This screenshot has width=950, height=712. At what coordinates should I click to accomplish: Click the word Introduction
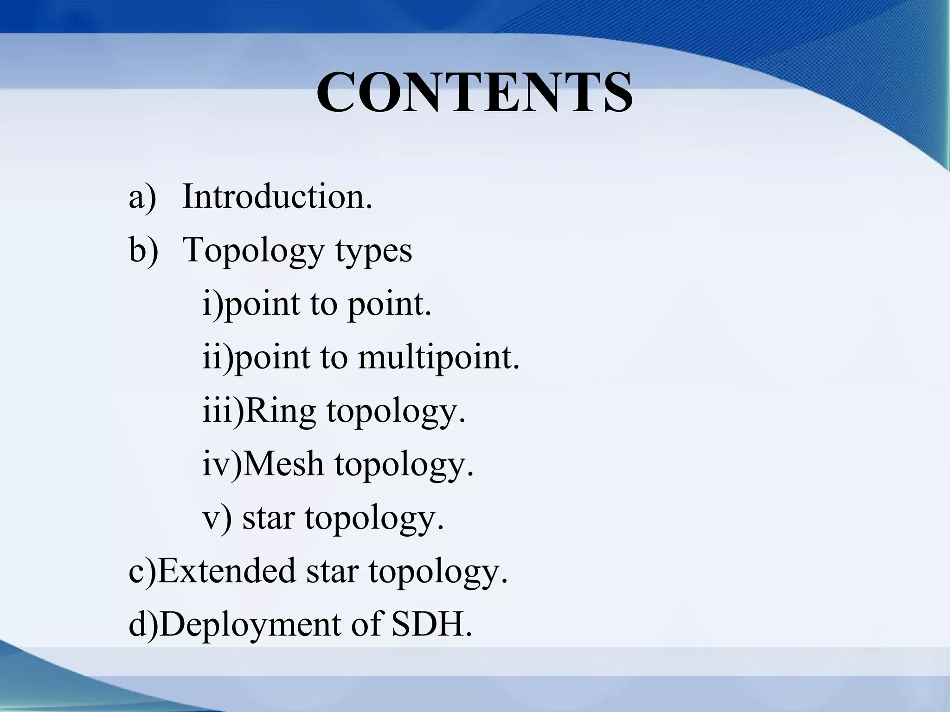tap(277, 197)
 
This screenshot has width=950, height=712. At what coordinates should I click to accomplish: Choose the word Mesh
tap(283, 464)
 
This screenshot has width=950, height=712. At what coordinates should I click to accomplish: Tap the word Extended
tap(227, 571)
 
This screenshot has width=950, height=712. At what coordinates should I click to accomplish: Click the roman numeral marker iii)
tap(223, 412)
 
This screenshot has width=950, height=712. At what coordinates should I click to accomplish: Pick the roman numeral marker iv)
tap(222, 464)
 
